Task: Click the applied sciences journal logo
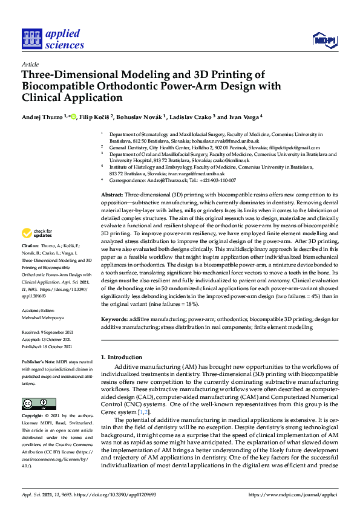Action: pos(53,38)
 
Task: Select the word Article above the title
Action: pos(30,64)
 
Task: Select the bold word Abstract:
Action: pos(111,195)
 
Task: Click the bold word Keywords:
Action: pos(114,318)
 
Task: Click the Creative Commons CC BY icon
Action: pos(34,403)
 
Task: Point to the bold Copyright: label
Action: pos(34,417)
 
